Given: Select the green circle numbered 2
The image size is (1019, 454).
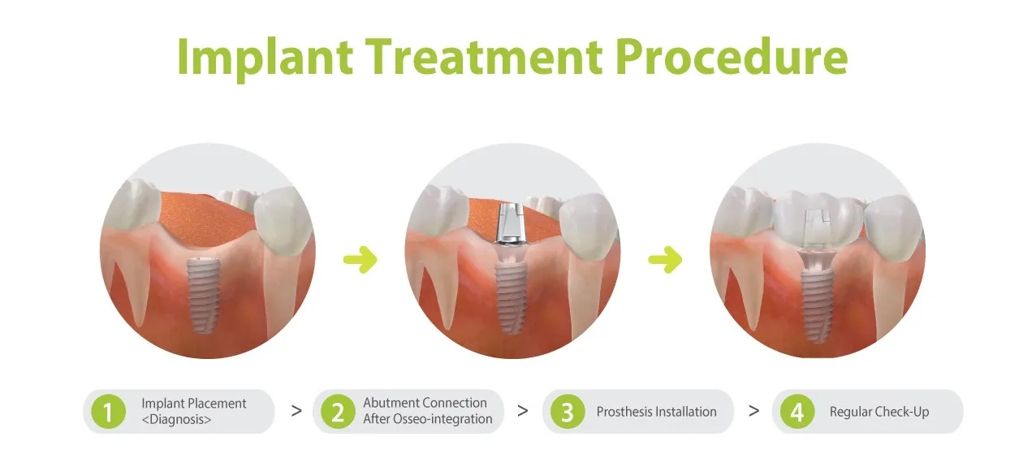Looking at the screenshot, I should coord(337,412).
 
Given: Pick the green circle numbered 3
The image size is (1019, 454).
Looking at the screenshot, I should coord(567,412).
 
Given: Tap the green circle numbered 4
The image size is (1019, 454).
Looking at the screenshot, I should coord(797,412).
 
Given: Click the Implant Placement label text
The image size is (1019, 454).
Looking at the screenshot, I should coord(193,404).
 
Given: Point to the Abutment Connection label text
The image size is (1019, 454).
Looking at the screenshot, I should coord(425,403).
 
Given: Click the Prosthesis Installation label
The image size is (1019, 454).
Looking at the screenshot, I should coord(656,412).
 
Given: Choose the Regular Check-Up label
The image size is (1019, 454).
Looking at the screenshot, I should coord(879,412).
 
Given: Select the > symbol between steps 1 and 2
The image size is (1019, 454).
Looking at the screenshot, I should coord(296,411).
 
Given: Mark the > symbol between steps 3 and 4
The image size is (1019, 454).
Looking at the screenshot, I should coord(753,411).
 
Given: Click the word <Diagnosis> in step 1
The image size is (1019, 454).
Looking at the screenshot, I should coord(176,420).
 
